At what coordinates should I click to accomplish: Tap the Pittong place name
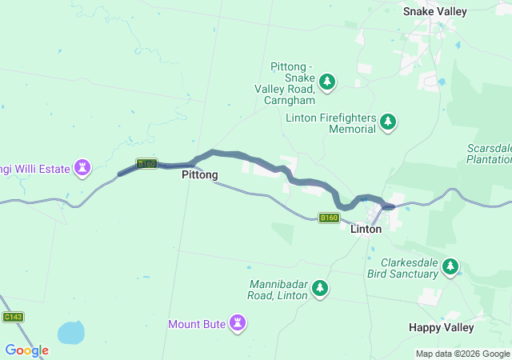click(199, 174)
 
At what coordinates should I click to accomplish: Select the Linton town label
click(366, 229)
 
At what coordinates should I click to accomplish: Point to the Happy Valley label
click(441, 327)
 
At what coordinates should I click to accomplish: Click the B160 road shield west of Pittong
click(146, 163)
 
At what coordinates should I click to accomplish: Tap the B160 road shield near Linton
click(329, 218)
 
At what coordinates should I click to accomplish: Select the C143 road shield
click(13, 317)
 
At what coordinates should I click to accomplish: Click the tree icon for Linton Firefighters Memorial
click(388, 122)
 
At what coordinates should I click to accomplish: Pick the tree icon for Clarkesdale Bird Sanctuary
click(451, 266)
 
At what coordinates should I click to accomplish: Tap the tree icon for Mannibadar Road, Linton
click(320, 287)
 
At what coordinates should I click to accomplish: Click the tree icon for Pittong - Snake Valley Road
click(327, 81)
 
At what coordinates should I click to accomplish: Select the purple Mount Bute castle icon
click(237, 322)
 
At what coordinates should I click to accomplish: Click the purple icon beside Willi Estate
click(82, 167)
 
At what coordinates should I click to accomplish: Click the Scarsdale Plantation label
click(489, 154)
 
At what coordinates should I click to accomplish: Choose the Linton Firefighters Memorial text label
click(330, 123)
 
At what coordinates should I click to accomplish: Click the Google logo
click(26, 350)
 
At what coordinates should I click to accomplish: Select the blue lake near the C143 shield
click(70, 331)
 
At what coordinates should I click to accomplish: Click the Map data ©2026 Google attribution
click(462, 354)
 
